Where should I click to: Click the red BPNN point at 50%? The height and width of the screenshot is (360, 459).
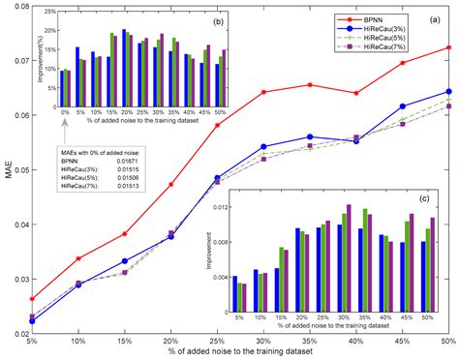(448, 47)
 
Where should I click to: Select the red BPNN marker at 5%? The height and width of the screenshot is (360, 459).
(33, 299)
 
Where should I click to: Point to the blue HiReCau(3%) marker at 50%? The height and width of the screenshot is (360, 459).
(448, 92)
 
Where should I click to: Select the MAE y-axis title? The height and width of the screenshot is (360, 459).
(7, 170)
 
